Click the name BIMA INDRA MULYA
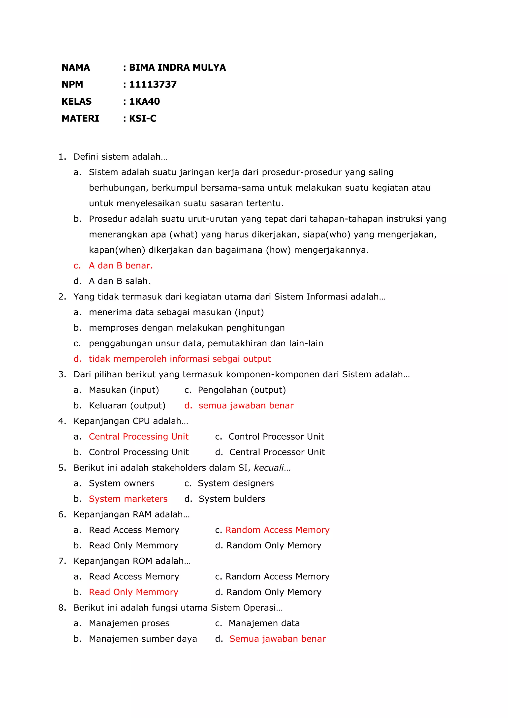pos(177,67)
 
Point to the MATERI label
pos(80,119)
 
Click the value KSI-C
pos(143,119)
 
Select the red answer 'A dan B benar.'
pos(121,266)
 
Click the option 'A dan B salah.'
pos(120,281)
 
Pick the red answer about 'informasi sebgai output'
pos(180,359)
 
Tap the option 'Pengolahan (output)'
pos(242,390)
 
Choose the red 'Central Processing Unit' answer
pos(139,437)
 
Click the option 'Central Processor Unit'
pos(277,452)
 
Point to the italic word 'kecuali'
pos(269,468)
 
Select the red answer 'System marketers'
pos(128,499)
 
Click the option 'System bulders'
pos(232,499)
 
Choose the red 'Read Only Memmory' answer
pos(133,592)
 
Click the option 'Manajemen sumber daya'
pos(143,639)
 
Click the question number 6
pos(62,514)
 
